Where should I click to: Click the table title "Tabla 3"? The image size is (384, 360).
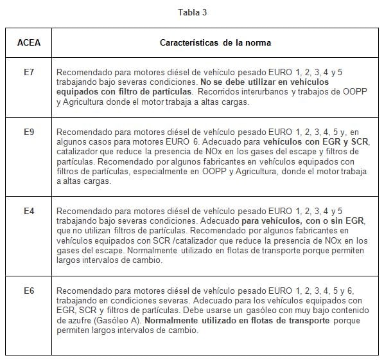(x=192, y=12)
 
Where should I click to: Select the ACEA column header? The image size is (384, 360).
(x=28, y=43)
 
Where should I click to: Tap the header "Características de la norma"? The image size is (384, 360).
(x=215, y=43)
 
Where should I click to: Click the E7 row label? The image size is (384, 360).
(x=28, y=74)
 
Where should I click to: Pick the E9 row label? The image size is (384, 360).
(x=28, y=132)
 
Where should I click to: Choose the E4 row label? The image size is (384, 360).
(x=28, y=211)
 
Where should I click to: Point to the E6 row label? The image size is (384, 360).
(x=28, y=291)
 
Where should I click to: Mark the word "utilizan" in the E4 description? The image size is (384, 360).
(x=104, y=230)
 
